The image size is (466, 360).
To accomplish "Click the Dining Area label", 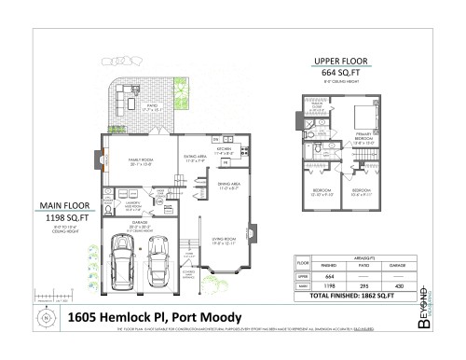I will click(x=230, y=185).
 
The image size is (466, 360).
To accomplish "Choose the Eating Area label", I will click(x=196, y=159).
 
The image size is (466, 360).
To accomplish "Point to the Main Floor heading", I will click(x=63, y=205).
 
